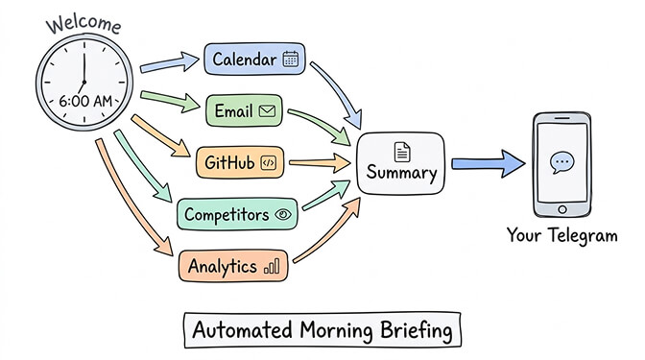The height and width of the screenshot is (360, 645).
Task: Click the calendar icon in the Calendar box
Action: click(x=291, y=60)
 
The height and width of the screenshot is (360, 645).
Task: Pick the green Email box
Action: click(x=244, y=111)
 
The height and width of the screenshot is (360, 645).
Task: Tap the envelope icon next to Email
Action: click(x=268, y=111)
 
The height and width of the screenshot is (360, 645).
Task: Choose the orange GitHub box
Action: click(x=239, y=162)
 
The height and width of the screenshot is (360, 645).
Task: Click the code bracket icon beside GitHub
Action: click(x=268, y=162)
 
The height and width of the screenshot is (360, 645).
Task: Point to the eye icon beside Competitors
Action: click(x=282, y=214)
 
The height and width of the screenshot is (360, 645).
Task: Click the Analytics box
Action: click(x=233, y=266)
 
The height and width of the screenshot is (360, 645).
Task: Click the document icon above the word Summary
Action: click(x=401, y=151)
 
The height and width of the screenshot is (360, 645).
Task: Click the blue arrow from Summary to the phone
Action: click(x=488, y=164)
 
